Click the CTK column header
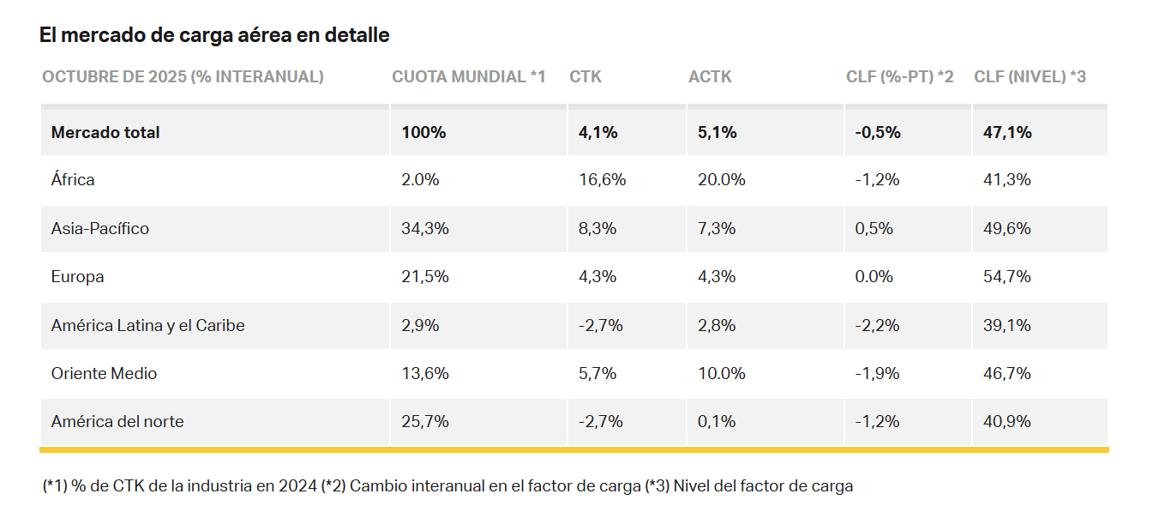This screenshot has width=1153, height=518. [586, 76]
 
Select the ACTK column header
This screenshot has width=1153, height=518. [710, 76]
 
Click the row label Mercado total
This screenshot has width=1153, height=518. [105, 132]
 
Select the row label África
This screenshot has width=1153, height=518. [73, 179]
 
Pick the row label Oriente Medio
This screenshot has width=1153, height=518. [104, 373]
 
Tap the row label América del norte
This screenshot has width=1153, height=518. [117, 421]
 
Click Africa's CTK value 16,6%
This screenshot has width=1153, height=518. [603, 179]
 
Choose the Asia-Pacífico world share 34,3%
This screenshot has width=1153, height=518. [425, 228]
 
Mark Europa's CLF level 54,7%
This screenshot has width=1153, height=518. [1006, 276]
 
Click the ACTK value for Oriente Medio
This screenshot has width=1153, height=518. [722, 373]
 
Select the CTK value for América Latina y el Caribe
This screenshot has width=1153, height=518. [601, 325]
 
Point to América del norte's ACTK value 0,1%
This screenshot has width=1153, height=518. [717, 421]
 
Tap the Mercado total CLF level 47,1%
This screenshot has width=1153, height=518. [1007, 132]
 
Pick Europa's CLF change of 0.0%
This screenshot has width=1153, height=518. [874, 276]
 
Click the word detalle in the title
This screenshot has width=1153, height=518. [357, 35]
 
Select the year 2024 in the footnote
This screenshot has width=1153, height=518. [297, 485]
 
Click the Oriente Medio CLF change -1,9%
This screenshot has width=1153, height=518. [877, 373]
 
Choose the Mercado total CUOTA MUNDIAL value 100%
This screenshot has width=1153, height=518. [423, 132]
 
